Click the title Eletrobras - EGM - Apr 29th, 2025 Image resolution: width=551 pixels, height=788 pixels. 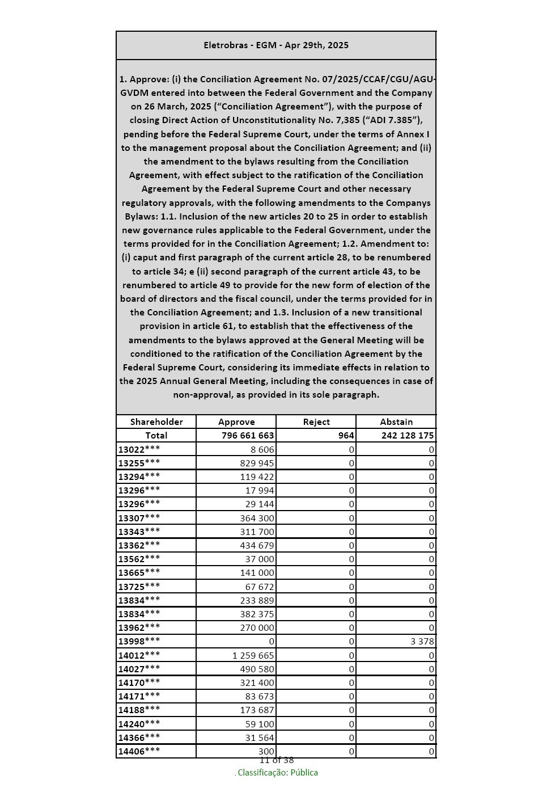click(x=276, y=45)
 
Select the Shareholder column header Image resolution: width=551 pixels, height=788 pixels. click(x=156, y=422)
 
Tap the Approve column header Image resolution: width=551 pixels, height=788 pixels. click(x=236, y=422)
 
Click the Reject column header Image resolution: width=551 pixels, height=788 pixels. click(x=316, y=422)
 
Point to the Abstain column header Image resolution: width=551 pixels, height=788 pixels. click(x=396, y=422)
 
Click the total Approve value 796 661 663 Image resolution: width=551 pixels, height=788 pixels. click(x=248, y=436)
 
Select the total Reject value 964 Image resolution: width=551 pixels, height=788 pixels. click(x=346, y=436)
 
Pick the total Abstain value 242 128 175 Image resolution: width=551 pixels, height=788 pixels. click(x=408, y=436)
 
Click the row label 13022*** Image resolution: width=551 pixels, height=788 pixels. click(x=139, y=449)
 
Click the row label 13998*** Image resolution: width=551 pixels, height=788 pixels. click(x=139, y=641)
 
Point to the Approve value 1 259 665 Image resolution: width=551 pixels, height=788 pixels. click(x=253, y=655)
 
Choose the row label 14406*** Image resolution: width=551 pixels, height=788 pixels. click(x=139, y=751)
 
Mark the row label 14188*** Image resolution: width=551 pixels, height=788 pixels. click(x=139, y=710)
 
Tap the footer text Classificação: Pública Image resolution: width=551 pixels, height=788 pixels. click(x=277, y=773)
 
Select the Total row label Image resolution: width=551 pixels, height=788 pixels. click(x=156, y=436)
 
